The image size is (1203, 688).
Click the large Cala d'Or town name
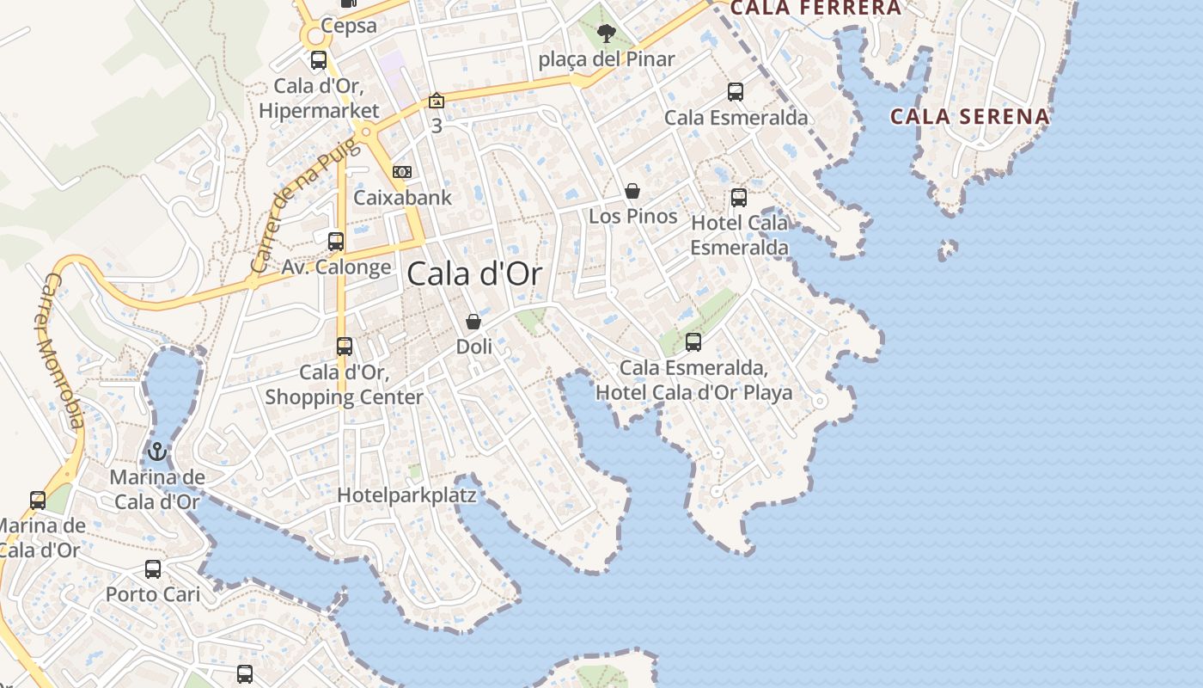474,274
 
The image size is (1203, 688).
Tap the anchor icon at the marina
156,451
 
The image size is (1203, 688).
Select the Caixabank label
402,198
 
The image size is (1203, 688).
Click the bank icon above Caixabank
401,172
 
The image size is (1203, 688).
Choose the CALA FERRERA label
815,9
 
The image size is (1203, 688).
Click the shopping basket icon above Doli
473,322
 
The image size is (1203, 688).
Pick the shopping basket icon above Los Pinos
632,191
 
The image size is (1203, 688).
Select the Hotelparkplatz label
406,495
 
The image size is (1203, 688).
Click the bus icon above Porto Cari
153,568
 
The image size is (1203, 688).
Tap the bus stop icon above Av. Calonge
336,242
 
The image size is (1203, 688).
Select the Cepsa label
349,26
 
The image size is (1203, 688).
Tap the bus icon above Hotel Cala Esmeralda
739,198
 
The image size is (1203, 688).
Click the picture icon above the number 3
437,101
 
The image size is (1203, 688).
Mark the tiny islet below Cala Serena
948,249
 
